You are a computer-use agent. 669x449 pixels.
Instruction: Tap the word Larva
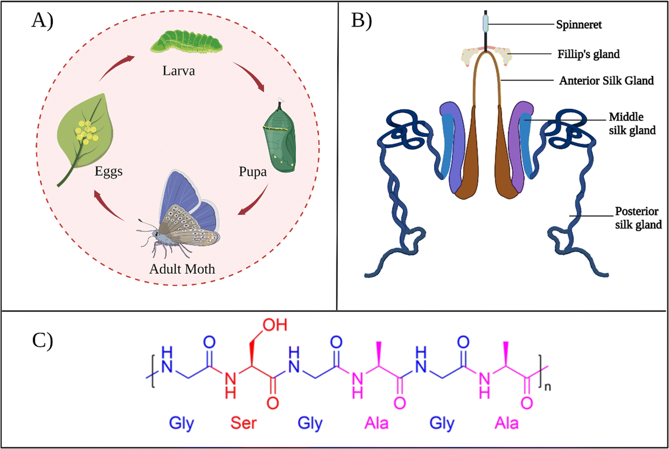(x=178, y=71)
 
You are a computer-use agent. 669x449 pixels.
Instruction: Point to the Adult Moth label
(x=182, y=269)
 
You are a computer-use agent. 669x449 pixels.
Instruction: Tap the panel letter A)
(x=42, y=21)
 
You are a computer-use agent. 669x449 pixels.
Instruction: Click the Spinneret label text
(x=578, y=25)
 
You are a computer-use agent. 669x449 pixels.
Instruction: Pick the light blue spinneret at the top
(x=485, y=24)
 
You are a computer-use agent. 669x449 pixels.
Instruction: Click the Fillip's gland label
(x=588, y=54)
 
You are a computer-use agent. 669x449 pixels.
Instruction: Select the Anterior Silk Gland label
(x=606, y=81)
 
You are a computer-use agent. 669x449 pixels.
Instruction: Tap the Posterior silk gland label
(x=638, y=218)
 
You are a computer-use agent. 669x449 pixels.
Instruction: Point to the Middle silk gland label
(x=632, y=124)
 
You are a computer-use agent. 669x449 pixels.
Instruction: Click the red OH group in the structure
(x=275, y=325)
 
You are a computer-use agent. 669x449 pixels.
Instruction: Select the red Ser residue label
(x=243, y=423)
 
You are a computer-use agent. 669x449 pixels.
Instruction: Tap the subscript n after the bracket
(x=548, y=386)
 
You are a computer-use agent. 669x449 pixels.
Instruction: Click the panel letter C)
(x=42, y=341)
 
